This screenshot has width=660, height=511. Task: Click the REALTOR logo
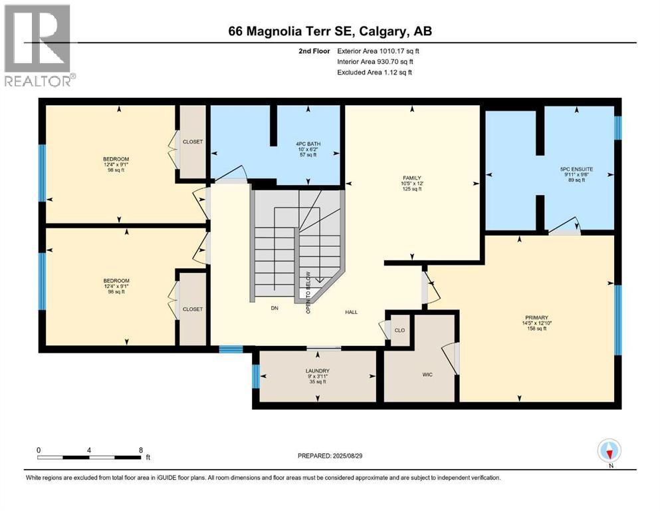(x=38, y=45)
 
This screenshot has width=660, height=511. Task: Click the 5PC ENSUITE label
(x=576, y=170)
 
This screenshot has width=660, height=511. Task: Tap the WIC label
(x=427, y=375)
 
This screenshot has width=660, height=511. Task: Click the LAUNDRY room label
(x=317, y=371)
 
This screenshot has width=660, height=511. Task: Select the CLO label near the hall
(x=399, y=330)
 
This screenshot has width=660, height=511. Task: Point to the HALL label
(x=352, y=311)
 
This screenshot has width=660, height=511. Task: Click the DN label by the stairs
(x=274, y=309)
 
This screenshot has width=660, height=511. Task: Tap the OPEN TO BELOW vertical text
(x=308, y=292)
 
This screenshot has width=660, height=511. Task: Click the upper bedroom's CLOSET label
(x=193, y=142)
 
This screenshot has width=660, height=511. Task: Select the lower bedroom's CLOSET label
(x=193, y=309)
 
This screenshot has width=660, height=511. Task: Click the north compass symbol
(x=609, y=452)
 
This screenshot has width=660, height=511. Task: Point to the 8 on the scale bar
(x=141, y=450)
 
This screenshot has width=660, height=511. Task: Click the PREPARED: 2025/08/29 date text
(x=330, y=456)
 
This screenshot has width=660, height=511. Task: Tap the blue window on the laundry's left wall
(x=256, y=377)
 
